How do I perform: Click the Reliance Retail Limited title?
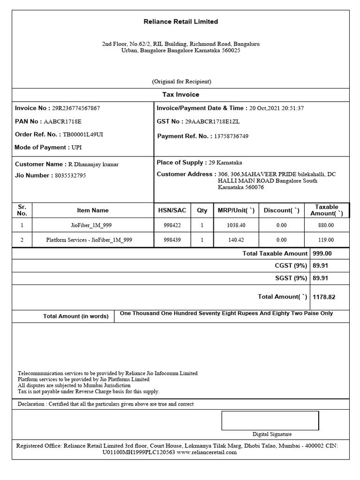[180, 22]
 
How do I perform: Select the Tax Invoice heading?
[180, 95]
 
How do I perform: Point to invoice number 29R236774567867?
[76, 108]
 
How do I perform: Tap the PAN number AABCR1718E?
[62, 121]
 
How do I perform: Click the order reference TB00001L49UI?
[83, 135]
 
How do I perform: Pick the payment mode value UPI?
[76, 148]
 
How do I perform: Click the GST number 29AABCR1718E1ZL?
[212, 121]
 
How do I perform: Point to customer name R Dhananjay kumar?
[94, 165]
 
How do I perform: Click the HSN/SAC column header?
[172, 210]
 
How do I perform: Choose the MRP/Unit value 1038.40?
[236, 225]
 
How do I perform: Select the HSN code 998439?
[172, 240]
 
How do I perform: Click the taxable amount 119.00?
[326, 240]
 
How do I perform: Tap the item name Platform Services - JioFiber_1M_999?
[89, 240]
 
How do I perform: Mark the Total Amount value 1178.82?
[324, 297]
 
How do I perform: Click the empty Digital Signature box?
[270, 420]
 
